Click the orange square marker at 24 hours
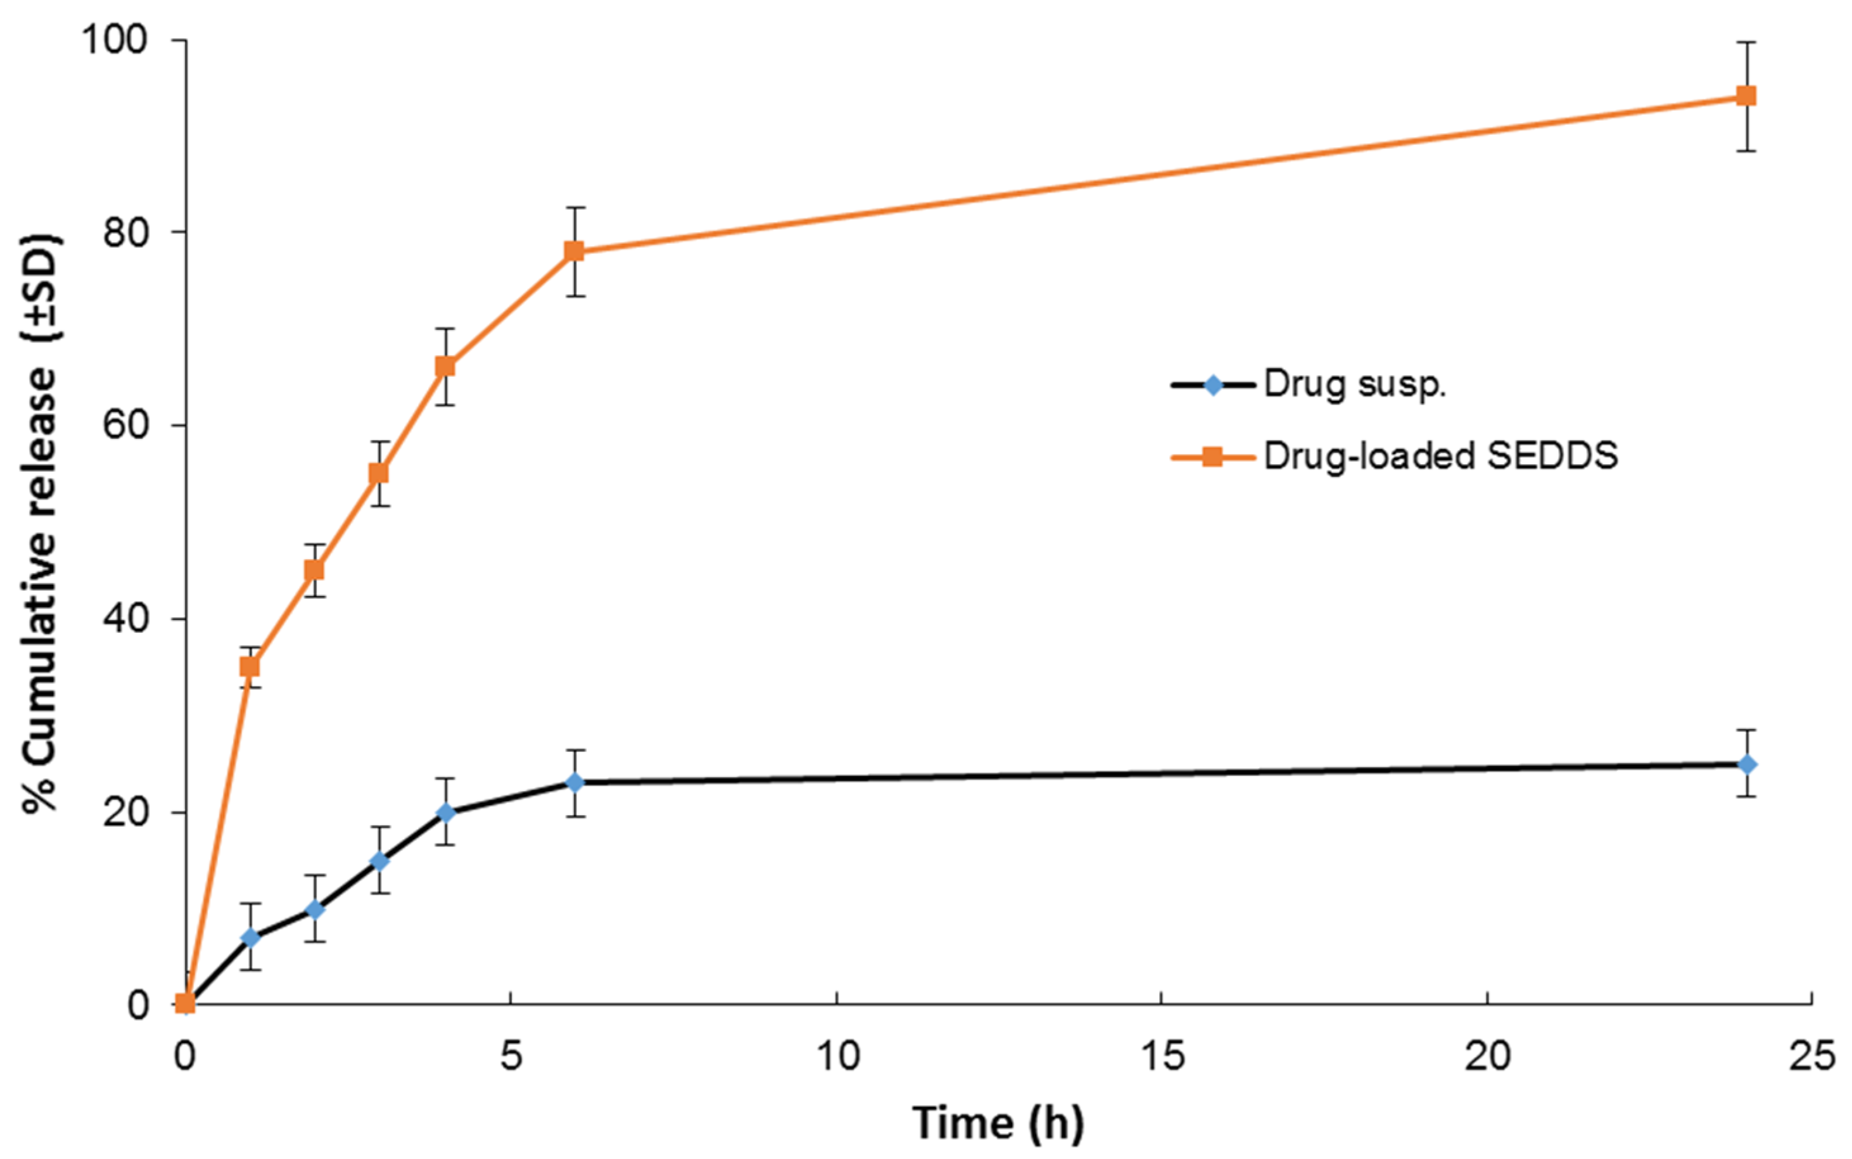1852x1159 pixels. pos(1746,96)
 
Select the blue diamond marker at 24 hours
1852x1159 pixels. pos(1746,764)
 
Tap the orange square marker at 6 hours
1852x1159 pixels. pos(574,251)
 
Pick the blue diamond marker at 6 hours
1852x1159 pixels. pos(574,783)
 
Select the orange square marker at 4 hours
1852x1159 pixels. pos(445,367)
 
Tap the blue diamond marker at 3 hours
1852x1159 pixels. pos(379,861)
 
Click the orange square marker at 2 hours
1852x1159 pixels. pos(314,570)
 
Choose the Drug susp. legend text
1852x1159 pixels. pos(1355,384)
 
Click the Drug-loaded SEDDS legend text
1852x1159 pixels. pos(1440,456)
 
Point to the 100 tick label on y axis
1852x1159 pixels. pos(114,40)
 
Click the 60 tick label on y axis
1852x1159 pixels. pos(125,426)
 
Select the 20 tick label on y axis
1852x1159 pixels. pos(125,813)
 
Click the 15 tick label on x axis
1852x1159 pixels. pos(1162,1056)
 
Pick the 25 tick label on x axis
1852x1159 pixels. pos(1812,1056)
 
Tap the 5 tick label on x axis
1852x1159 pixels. pos(511,1056)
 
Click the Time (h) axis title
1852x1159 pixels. pos(998,1124)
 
